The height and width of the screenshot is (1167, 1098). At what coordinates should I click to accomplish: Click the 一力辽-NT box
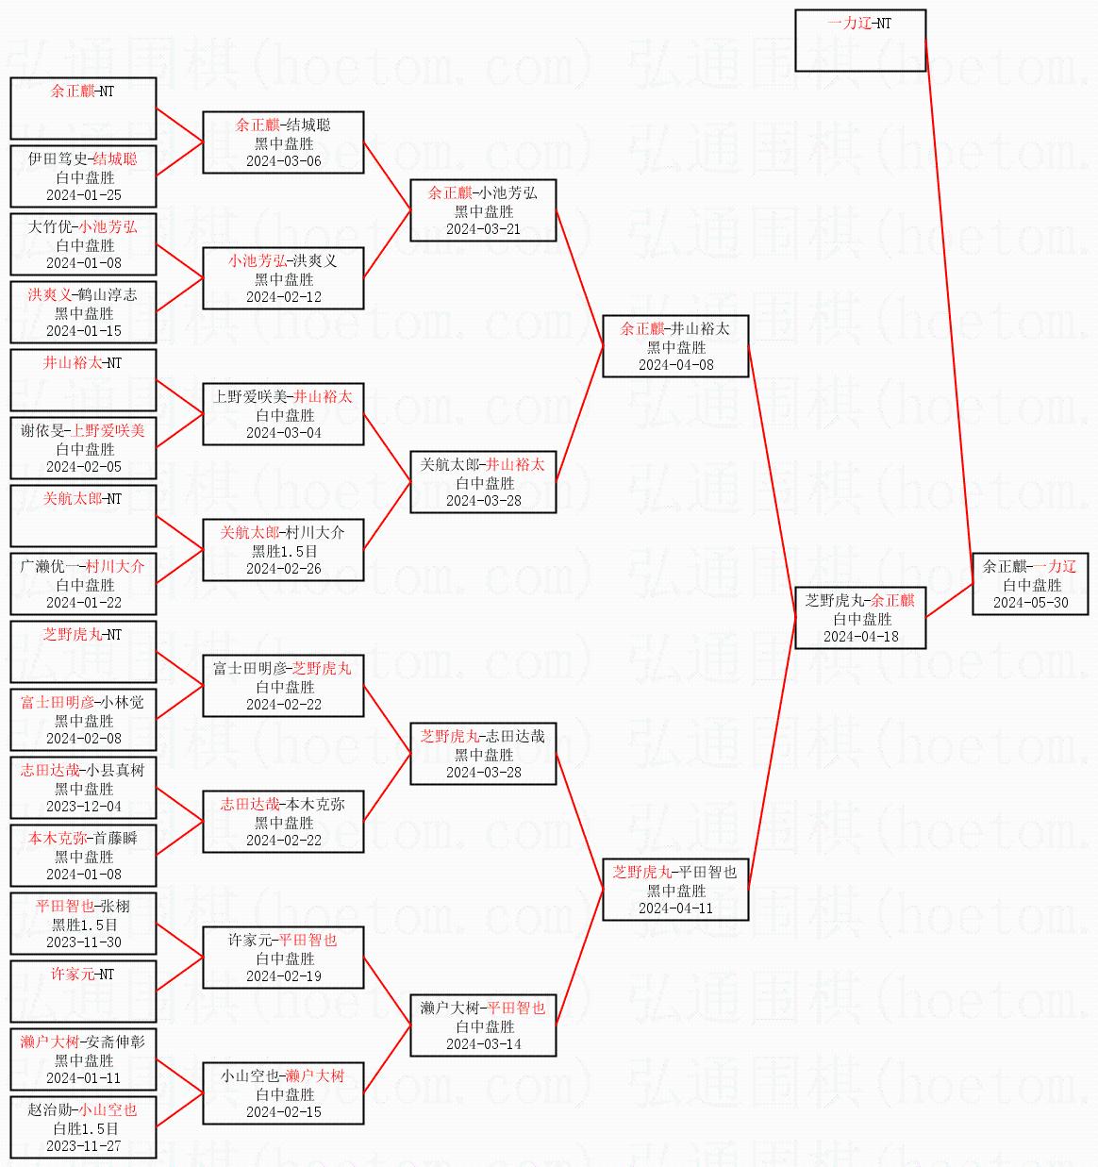tap(859, 41)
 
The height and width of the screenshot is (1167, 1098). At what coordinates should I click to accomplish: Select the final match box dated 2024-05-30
tap(1030, 584)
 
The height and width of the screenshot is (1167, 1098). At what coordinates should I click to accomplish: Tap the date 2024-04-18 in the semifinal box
tap(860, 637)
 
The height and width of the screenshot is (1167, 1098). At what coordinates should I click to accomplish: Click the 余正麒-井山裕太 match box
tap(675, 346)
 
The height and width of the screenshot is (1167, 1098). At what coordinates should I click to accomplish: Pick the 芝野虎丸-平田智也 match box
tap(675, 890)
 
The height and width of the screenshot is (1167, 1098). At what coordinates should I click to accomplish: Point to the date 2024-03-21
tap(483, 229)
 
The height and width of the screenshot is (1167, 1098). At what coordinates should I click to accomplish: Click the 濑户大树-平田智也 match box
tap(483, 1025)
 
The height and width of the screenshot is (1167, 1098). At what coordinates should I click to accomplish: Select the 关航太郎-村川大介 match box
tap(283, 550)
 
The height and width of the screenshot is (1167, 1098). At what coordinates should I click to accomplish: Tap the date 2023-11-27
tap(83, 1146)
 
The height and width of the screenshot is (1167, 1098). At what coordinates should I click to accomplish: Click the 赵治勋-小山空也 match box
tap(83, 1127)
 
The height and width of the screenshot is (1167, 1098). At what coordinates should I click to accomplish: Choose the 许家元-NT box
tap(83, 990)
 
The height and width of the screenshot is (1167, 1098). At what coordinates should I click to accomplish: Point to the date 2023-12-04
tap(83, 807)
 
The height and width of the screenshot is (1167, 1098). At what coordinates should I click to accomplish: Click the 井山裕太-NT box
tap(83, 379)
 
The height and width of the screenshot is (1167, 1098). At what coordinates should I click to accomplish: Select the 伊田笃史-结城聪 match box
tap(83, 176)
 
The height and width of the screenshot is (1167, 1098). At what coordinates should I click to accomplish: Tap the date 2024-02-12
tap(283, 297)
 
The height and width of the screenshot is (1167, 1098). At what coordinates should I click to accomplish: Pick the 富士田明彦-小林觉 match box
tap(83, 720)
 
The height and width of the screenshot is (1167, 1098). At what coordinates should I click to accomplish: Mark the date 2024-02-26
tap(283, 569)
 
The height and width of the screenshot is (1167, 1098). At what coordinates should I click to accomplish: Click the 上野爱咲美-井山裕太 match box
tap(283, 414)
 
